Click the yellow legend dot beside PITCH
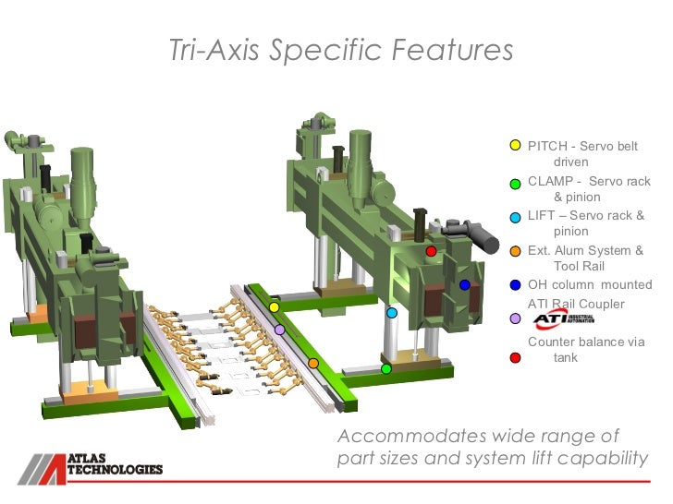(x=516, y=146)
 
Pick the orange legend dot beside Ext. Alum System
(x=516, y=251)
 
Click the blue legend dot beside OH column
(x=516, y=285)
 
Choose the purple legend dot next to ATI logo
(x=516, y=319)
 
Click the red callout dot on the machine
(x=431, y=251)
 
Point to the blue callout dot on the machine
(x=465, y=285)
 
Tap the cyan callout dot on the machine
(x=392, y=313)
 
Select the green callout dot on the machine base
(x=386, y=369)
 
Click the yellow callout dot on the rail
(x=275, y=306)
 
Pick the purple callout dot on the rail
(x=279, y=330)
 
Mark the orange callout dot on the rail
(x=313, y=363)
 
